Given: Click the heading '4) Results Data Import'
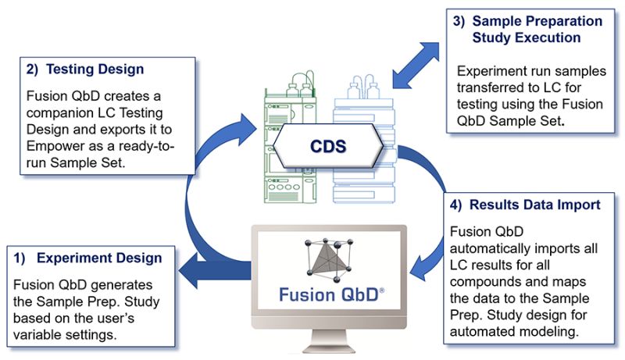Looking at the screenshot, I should [525, 205].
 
